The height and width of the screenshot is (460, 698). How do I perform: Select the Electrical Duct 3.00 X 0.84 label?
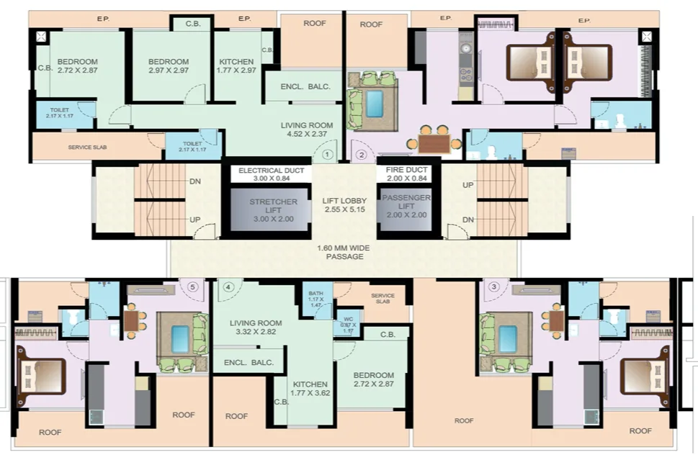coord(271,173)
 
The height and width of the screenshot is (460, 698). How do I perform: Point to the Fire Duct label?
coord(406,173)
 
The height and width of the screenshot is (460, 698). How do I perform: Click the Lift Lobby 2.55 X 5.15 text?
coord(344,205)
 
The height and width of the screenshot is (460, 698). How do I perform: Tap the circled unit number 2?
coord(362,154)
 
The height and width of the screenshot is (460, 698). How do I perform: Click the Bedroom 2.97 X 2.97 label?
coord(164,66)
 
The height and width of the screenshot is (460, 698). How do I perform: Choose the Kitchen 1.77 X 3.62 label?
coord(310,389)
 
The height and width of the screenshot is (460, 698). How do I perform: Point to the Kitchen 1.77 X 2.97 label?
coord(236,66)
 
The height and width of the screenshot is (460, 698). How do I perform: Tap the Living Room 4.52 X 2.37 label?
coord(308,129)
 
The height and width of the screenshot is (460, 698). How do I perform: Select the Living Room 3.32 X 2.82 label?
coord(251,328)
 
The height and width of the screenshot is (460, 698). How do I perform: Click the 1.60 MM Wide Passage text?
coord(344,252)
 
